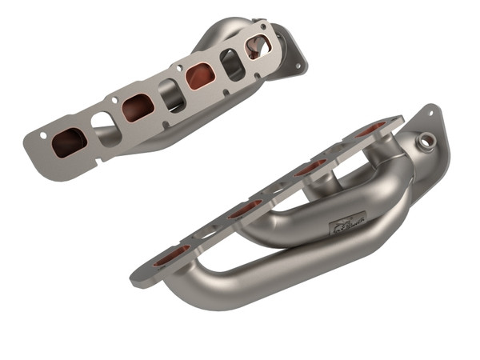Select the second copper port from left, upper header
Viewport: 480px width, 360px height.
pyautogui.click(x=138, y=107)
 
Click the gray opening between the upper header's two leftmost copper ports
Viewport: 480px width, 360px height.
pyautogui.click(x=104, y=126)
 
